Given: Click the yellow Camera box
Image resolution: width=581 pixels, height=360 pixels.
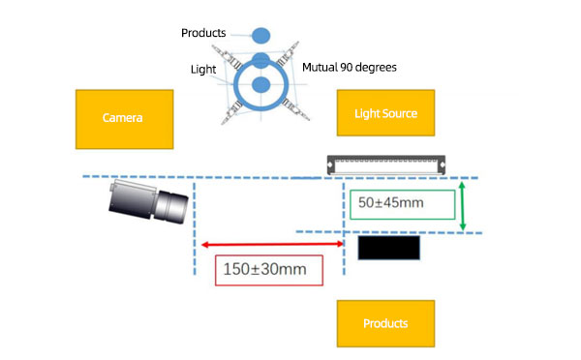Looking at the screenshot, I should (x=123, y=118).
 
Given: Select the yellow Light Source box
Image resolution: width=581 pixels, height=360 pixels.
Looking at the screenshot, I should (x=384, y=113).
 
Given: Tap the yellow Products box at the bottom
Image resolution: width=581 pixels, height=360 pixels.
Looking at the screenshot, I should (x=384, y=323).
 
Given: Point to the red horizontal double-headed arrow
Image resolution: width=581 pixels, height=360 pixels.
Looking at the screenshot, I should (x=270, y=244).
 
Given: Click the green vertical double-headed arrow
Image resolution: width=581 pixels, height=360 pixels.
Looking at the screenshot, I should (x=464, y=206).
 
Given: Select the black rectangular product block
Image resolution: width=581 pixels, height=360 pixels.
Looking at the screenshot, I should (x=390, y=248).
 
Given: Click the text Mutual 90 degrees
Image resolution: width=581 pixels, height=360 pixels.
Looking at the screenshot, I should (x=350, y=68).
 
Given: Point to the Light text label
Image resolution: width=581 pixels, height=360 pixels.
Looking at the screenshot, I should (x=203, y=69).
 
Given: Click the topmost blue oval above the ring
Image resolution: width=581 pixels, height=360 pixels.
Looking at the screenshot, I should (x=260, y=36).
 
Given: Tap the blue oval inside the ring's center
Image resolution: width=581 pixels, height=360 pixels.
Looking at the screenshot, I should (x=260, y=85).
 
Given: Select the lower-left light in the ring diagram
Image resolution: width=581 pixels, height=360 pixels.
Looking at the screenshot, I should (x=230, y=113).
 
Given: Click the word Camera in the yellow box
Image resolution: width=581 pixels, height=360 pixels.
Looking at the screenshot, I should (x=123, y=118).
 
